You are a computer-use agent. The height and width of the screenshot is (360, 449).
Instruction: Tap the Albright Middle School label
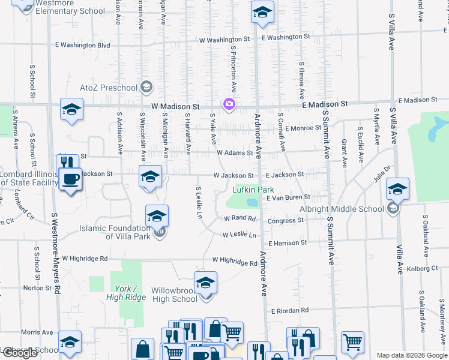[342, 209]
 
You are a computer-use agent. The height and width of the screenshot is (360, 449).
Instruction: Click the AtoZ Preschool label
[109, 88]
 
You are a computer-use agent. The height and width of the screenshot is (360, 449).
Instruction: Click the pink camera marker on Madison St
[229, 104]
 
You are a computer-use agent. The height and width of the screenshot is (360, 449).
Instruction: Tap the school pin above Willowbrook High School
[205, 282]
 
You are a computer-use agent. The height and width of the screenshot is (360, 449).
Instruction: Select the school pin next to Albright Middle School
[397, 189]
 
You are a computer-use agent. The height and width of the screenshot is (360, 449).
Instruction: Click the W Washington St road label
[224, 39]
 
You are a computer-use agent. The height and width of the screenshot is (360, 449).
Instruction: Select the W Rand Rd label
[240, 218]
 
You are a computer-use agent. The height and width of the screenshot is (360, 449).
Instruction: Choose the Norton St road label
[37, 288]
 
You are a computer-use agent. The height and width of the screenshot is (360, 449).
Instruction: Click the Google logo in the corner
[20, 353]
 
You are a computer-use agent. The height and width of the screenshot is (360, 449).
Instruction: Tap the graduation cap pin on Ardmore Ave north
[262, 12]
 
